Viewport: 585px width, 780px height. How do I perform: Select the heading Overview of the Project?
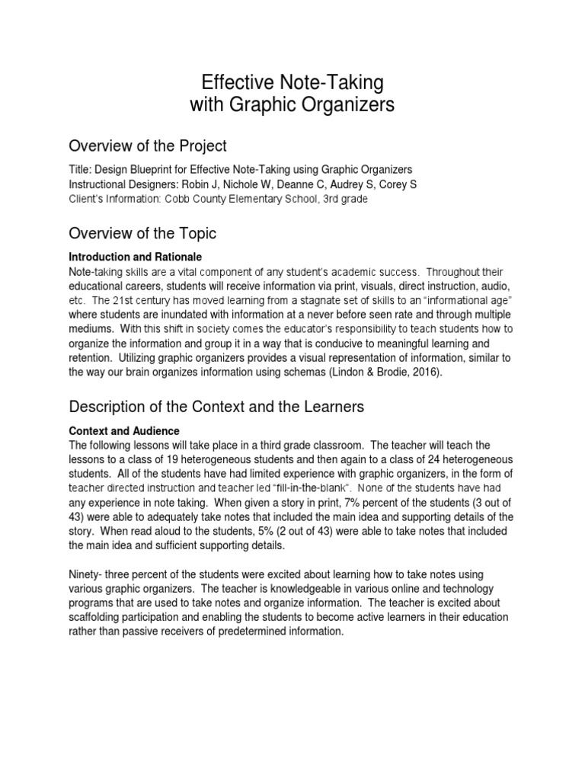point(148,145)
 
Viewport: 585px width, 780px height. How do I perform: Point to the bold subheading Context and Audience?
point(124,431)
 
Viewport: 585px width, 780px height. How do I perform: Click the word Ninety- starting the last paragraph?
point(88,574)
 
